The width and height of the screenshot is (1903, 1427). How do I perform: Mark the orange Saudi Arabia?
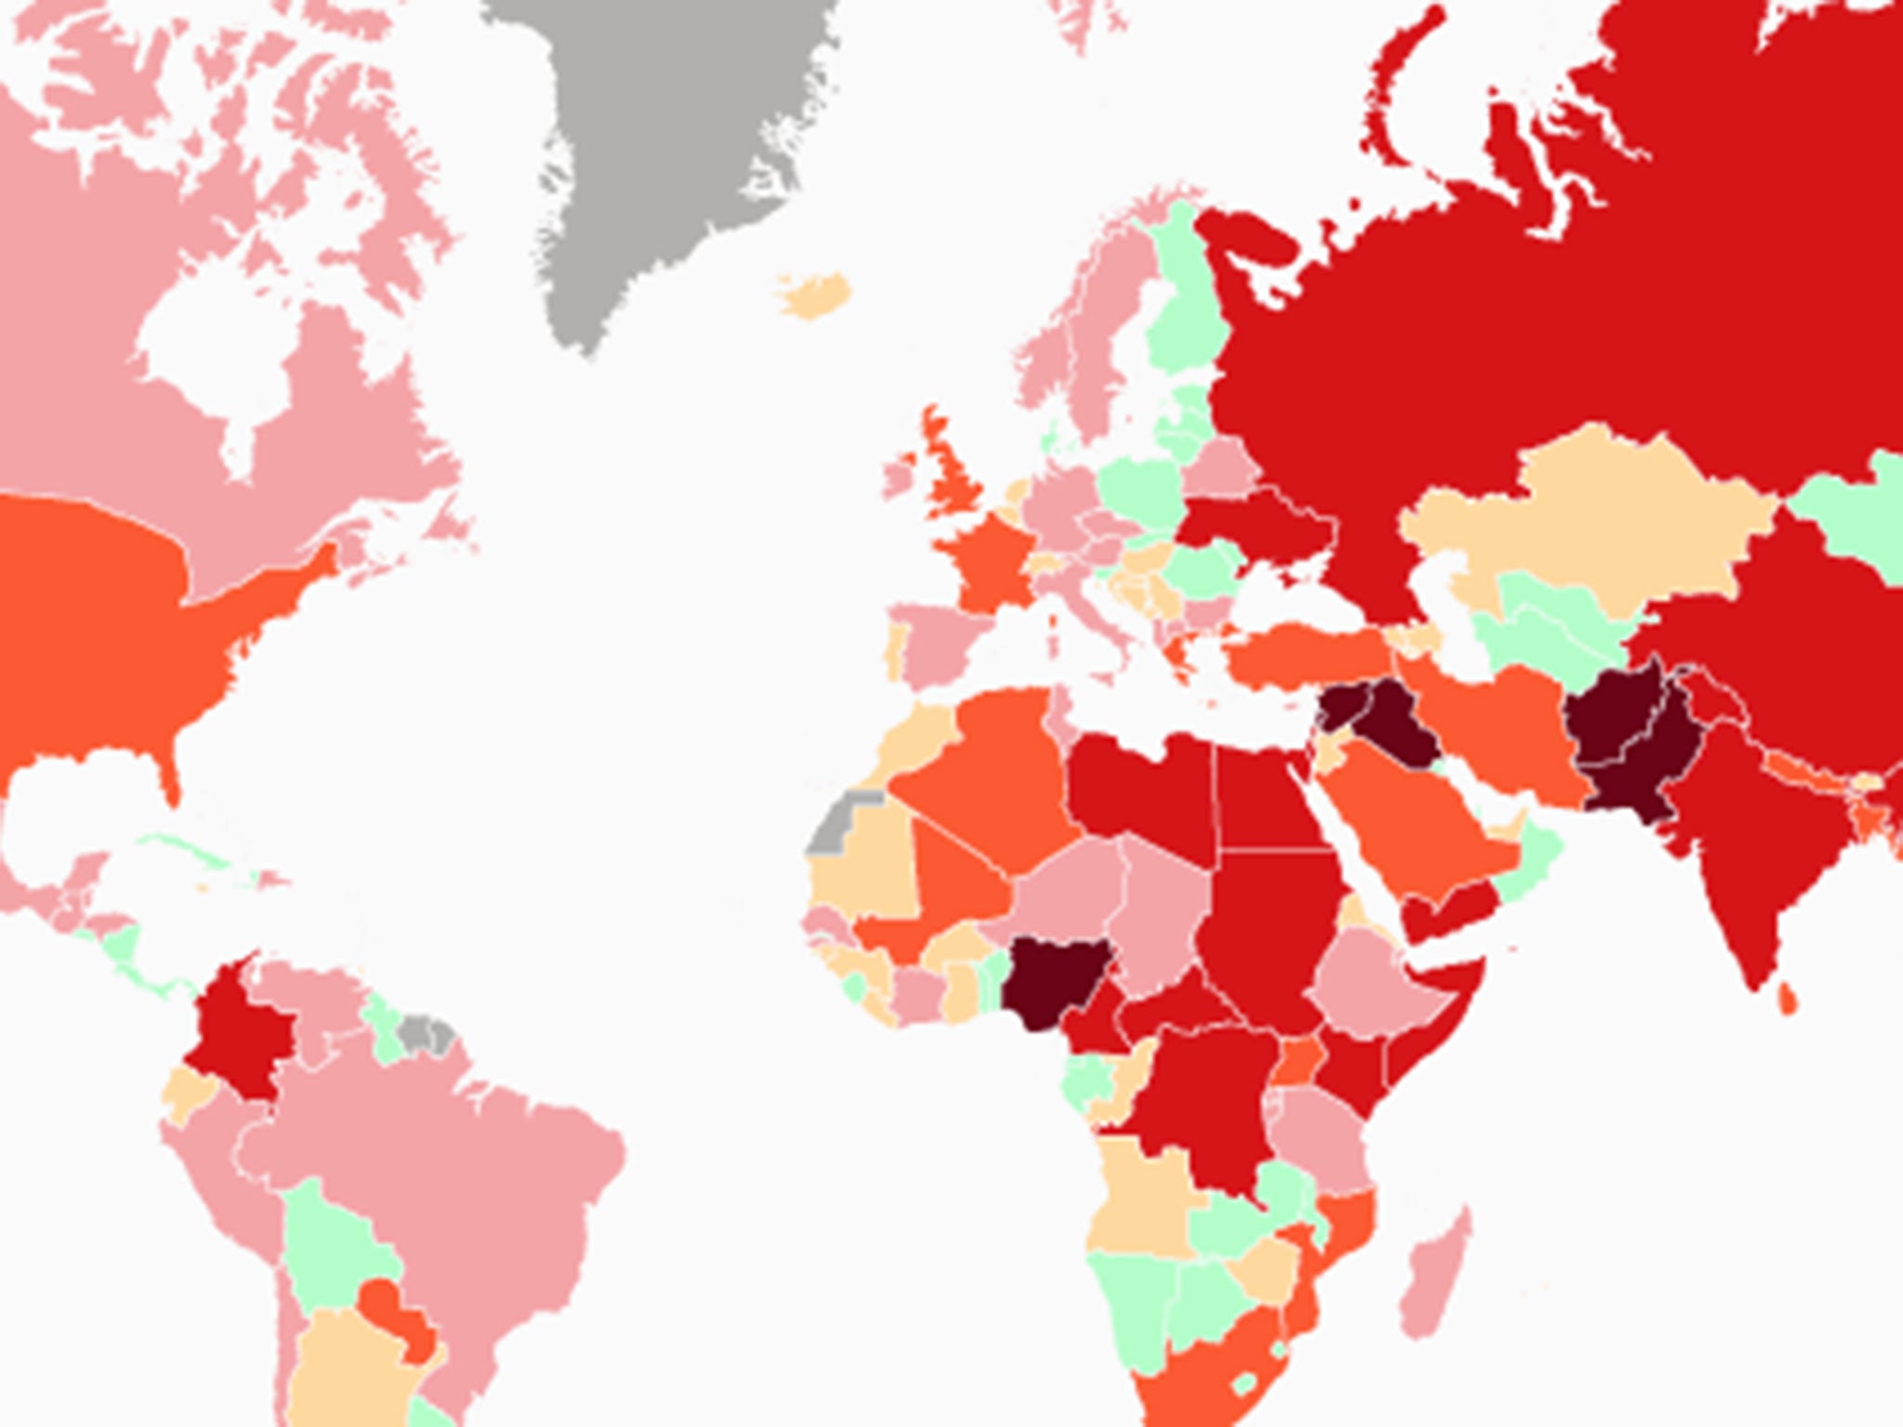point(1412,818)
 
